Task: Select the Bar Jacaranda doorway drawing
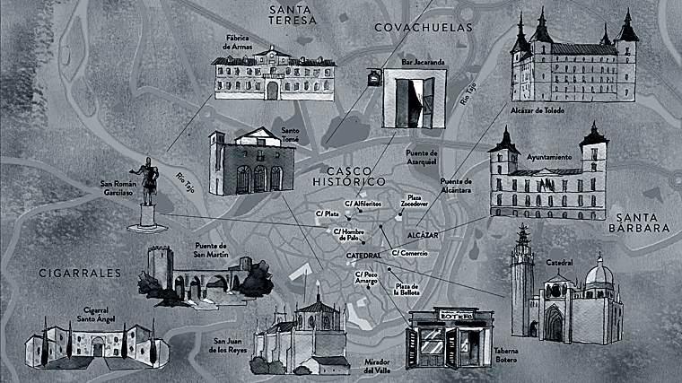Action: click(410, 99)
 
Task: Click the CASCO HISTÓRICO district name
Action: click(355, 176)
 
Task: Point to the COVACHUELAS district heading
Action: click(423, 28)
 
